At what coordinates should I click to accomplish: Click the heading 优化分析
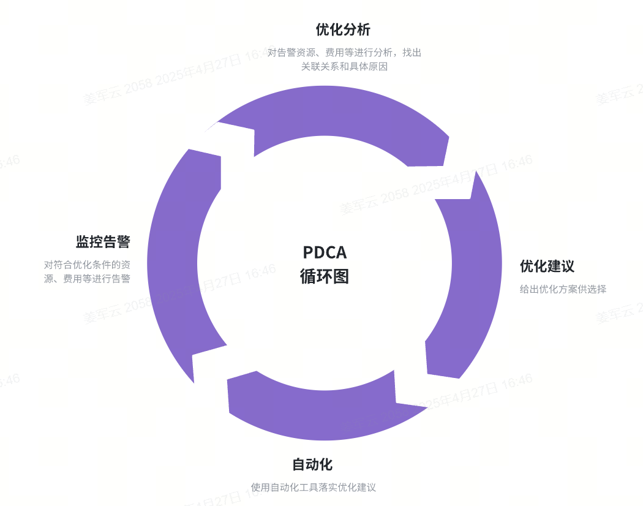[343, 29]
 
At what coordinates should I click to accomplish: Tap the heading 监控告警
[103, 241]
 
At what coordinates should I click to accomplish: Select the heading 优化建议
[547, 266]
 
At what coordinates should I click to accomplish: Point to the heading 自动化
[312, 464]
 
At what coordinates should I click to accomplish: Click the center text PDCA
[325, 252]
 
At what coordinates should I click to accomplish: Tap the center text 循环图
[325, 276]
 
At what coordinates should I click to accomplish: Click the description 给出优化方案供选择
[563, 289]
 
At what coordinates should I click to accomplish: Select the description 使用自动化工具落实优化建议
[313, 488]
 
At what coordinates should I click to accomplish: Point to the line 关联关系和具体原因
[344, 66]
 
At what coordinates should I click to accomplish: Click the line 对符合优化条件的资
[87, 265]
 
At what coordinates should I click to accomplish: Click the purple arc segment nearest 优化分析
[343, 116]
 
